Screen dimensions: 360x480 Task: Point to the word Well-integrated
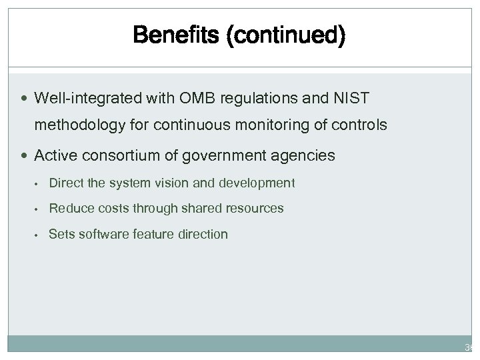82,99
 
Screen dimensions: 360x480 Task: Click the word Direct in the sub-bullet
65,183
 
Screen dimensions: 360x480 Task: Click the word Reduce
69,208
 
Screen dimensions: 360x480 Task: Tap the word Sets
61,234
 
